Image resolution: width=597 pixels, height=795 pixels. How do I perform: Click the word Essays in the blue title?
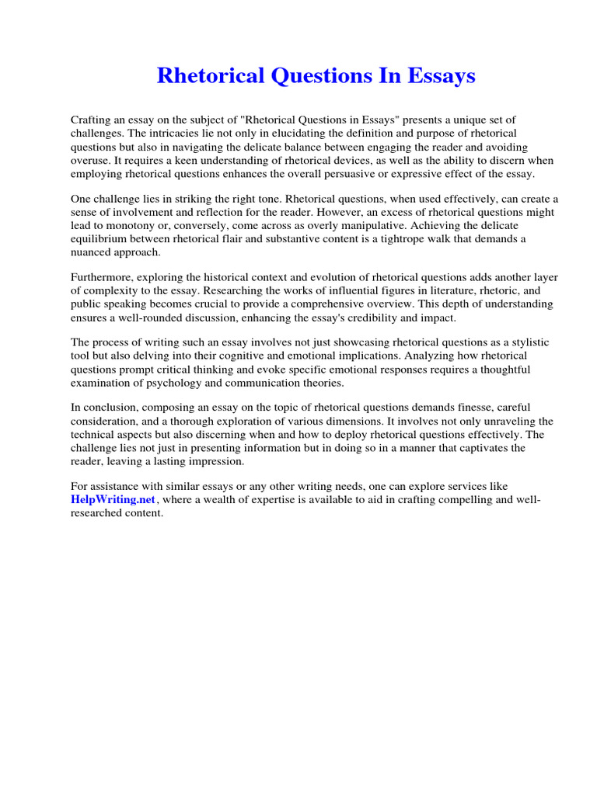(440, 76)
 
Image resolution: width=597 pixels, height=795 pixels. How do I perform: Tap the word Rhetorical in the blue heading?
(205, 76)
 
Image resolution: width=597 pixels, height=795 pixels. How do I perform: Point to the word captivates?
(468, 448)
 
